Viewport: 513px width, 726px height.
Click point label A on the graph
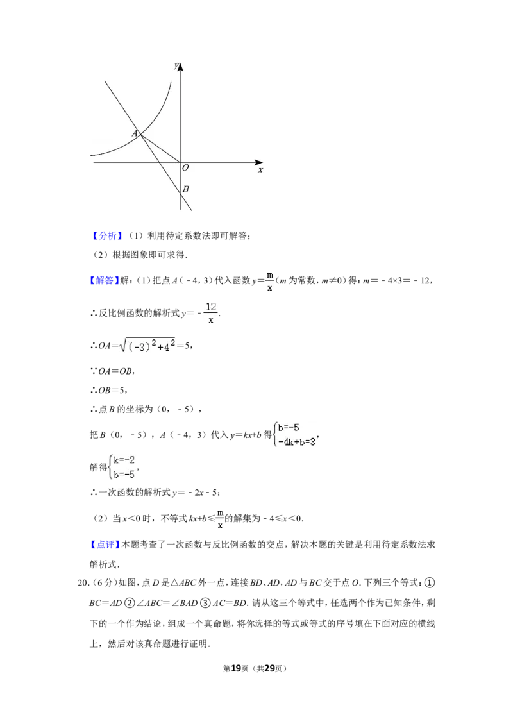134,133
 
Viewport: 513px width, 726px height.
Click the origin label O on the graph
185,167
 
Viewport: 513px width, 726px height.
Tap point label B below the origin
186,189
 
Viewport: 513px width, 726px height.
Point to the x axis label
260,171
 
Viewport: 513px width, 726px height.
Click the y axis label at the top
176,66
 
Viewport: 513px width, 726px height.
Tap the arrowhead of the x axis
259,162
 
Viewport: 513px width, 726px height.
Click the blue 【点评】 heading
105,545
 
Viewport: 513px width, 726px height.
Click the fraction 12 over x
211,313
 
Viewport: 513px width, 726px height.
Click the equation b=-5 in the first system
289,428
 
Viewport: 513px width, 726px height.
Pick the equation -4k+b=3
297,442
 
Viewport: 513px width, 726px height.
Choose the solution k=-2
124,460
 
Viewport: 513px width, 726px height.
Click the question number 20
83,583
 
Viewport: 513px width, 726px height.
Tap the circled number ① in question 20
430,583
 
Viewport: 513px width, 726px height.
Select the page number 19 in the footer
236,668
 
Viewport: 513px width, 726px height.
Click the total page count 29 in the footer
269,668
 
